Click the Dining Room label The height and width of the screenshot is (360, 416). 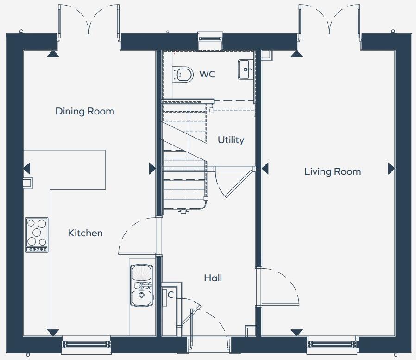tap(85, 111)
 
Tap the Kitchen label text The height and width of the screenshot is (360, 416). tap(85, 233)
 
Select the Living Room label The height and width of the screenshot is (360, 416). tap(332, 171)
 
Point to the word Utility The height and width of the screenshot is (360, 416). tap(231, 140)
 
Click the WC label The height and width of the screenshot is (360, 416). tap(207, 75)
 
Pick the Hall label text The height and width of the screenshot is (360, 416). tap(213, 278)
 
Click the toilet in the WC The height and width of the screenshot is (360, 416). tap(183, 74)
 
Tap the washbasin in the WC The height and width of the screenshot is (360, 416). tap(245, 69)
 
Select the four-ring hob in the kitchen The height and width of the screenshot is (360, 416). tap(37, 234)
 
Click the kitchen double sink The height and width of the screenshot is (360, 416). tap(141, 285)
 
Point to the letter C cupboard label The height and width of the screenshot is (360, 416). tap(170, 295)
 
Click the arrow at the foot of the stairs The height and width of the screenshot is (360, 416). tap(183, 211)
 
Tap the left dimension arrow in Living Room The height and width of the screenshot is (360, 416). tap(265, 168)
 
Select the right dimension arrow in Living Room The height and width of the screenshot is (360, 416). tap(391, 168)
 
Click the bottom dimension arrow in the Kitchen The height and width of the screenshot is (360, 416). tap(54, 332)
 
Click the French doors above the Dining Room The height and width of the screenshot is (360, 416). tap(88, 21)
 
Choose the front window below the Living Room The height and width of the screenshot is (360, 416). tap(332, 345)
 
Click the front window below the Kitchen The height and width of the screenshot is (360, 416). tap(87, 345)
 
